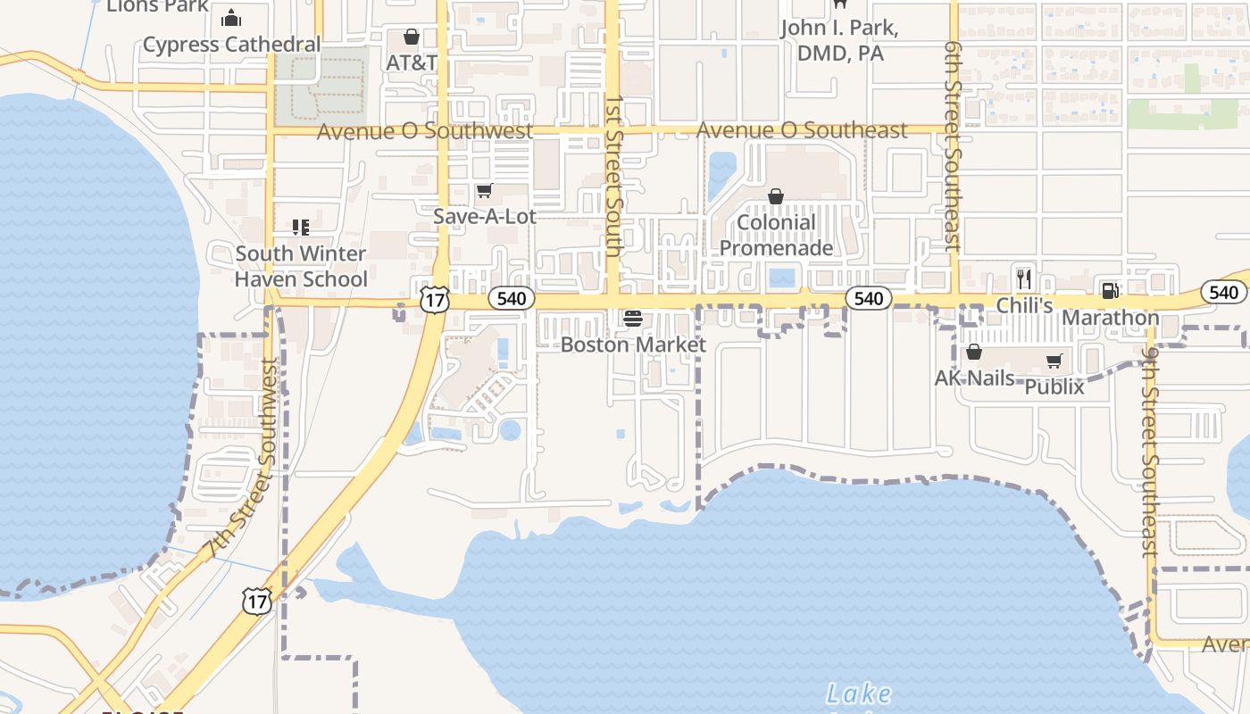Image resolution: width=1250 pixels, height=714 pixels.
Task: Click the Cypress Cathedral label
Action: pos(231,45)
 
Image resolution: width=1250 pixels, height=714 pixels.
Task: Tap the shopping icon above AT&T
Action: pos(411,37)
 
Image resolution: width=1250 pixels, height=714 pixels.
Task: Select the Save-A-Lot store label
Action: pos(485,216)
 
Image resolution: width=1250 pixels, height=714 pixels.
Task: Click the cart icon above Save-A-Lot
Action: pos(484,190)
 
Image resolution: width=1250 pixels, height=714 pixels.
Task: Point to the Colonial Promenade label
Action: pos(776,236)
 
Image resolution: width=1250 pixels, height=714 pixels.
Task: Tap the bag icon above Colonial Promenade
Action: pos(776,196)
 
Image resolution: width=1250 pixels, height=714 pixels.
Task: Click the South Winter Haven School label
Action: pos(301,266)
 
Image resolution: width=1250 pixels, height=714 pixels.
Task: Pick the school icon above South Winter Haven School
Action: pos(300,228)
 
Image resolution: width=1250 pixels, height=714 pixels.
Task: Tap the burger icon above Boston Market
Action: pos(633,319)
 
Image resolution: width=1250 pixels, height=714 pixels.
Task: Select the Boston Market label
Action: pos(633,345)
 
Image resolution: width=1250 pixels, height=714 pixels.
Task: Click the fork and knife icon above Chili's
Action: pos(1024,278)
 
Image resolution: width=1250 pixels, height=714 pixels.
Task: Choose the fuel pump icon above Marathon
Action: pos(1110,290)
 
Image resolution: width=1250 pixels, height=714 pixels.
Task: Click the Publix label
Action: pos(1054,386)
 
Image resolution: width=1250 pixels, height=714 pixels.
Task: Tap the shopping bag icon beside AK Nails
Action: pos(974,353)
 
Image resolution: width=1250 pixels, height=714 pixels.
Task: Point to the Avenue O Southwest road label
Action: pos(425,131)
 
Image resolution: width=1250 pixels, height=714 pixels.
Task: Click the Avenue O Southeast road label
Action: pos(801,130)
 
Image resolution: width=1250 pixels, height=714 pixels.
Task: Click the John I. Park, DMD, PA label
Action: pos(839,40)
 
